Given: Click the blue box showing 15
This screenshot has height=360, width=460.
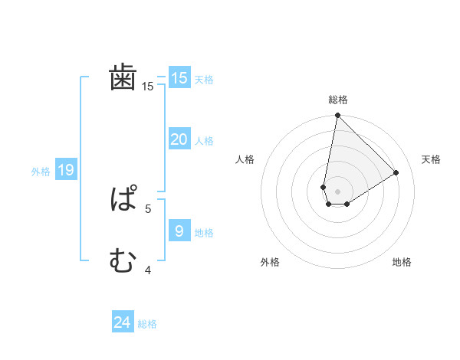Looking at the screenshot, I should point(179,78).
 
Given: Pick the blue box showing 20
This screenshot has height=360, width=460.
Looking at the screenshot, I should point(179,139).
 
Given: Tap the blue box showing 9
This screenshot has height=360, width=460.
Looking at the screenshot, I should point(179,231).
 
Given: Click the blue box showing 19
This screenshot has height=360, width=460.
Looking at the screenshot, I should point(66,170).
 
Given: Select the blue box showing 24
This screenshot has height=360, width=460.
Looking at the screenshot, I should point(123,323).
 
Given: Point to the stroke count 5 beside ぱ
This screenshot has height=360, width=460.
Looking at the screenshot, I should point(148,208).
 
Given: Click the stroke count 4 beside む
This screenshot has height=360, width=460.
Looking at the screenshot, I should point(148,270).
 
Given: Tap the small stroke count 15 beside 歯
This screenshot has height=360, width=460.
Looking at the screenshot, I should point(148,87).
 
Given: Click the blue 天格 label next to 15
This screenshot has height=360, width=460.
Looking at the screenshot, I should point(204,80).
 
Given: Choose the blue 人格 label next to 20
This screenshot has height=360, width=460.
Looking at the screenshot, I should point(204,141).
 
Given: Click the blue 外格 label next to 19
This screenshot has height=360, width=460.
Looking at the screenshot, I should point(41,172).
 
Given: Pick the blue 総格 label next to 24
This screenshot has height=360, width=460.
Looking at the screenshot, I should point(147,325).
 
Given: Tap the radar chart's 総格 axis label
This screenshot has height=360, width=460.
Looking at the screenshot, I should point(338,100).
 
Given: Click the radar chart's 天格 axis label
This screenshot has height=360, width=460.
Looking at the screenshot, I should point(432,159).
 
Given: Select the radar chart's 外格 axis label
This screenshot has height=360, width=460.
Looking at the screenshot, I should point(270,262).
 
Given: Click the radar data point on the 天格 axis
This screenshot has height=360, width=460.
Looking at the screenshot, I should point(396,172).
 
